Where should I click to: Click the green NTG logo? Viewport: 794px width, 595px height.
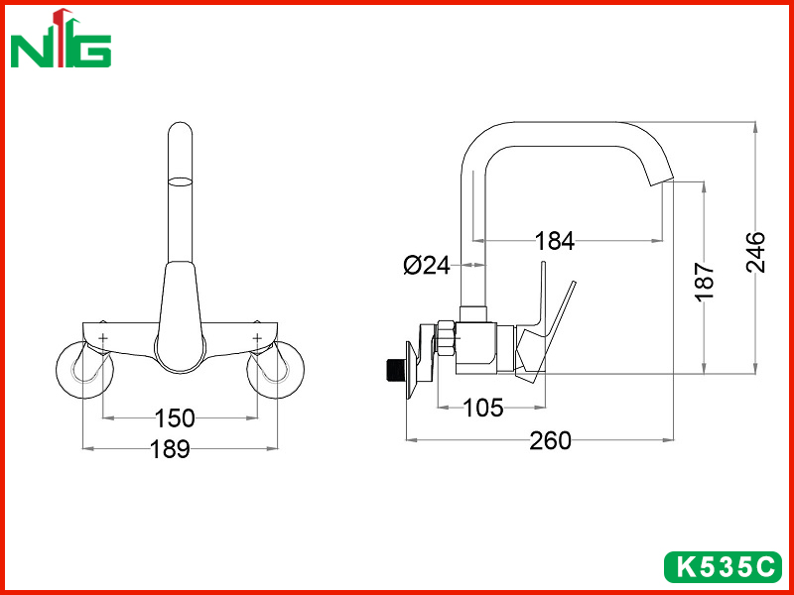pyautogui.click(x=61, y=39)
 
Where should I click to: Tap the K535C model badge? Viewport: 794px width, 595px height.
pyautogui.click(x=723, y=567)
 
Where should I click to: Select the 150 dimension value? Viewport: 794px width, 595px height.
pyautogui.click(x=175, y=418)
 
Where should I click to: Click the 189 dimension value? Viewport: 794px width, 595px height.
pyautogui.click(x=170, y=449)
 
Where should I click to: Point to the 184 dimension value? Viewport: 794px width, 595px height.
pyautogui.click(x=555, y=241)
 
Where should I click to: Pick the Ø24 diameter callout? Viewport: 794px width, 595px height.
pyautogui.click(x=427, y=265)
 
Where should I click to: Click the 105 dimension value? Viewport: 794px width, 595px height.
pyautogui.click(x=483, y=408)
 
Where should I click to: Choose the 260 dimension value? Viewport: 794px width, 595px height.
pyautogui.click(x=551, y=440)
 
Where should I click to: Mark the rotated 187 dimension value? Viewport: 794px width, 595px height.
pyautogui.click(x=705, y=282)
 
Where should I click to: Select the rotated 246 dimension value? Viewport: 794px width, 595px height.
pyautogui.click(x=756, y=252)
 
